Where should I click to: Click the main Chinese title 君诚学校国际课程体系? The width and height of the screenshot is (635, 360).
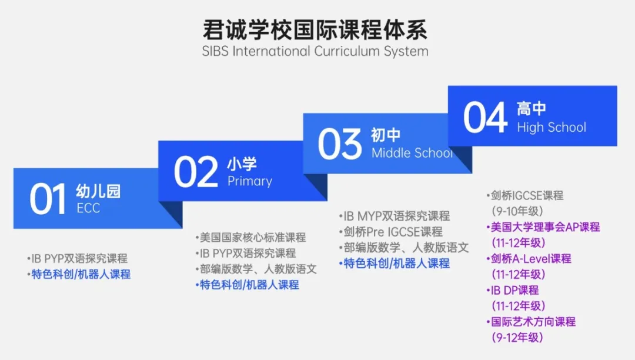pyautogui.click(x=315, y=29)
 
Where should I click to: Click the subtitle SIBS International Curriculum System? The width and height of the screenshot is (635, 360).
pyautogui.click(x=315, y=51)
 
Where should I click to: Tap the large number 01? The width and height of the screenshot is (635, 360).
pyautogui.click(x=48, y=199)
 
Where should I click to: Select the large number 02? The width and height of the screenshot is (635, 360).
pyautogui.click(x=196, y=172)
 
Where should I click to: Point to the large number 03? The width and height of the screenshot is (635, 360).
pyautogui.click(x=340, y=144)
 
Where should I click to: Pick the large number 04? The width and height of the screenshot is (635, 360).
pyautogui.click(x=485, y=118)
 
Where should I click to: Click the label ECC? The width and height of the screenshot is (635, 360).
pyautogui.click(x=88, y=208)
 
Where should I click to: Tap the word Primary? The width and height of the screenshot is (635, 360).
pyautogui.click(x=250, y=181)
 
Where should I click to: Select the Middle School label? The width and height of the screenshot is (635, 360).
pyautogui.click(x=412, y=153)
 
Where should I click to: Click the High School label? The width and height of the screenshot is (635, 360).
pyautogui.click(x=552, y=128)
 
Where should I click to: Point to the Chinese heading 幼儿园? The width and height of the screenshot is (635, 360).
pyautogui.click(x=98, y=191)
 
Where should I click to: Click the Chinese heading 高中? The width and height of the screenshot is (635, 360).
pyautogui.click(x=532, y=108)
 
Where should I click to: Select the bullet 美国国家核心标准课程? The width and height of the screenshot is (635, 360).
pyautogui.click(x=250, y=237)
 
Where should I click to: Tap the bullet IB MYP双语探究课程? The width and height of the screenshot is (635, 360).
pyautogui.click(x=395, y=216)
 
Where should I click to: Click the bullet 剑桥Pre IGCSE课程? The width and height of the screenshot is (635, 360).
pyautogui.click(x=391, y=232)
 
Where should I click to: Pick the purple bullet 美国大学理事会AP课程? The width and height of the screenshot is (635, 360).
pyautogui.click(x=543, y=227)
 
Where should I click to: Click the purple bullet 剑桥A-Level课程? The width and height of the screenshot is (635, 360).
pyautogui.click(x=529, y=259)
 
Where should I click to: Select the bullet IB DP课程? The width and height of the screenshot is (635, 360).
pyautogui.click(x=512, y=291)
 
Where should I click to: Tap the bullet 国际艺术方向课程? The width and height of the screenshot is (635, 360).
pyautogui.click(x=531, y=322)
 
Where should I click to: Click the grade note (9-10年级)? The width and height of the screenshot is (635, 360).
pyautogui.click(x=517, y=211)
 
